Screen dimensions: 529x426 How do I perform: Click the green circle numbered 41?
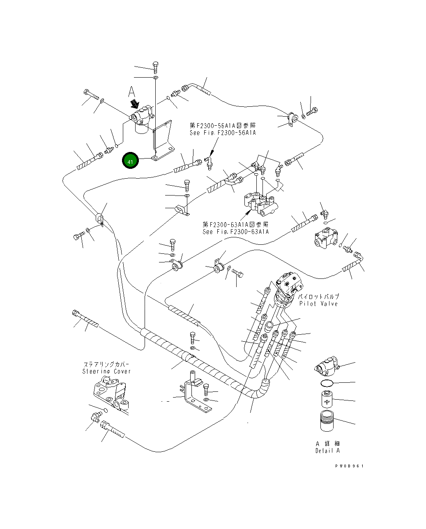(130, 161)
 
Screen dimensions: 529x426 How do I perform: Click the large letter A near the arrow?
(131, 91)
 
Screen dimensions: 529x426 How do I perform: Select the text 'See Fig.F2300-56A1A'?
(222, 133)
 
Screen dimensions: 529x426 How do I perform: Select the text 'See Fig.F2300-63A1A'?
(235, 232)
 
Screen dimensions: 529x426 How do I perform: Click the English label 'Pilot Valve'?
(318, 304)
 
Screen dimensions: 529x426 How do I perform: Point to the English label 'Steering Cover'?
(106, 371)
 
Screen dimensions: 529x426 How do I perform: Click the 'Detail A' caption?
(327, 451)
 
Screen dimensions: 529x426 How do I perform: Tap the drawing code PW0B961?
(349, 466)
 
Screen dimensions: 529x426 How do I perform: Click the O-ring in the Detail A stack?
(327, 383)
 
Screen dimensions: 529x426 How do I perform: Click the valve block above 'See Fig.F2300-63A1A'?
(261, 203)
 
